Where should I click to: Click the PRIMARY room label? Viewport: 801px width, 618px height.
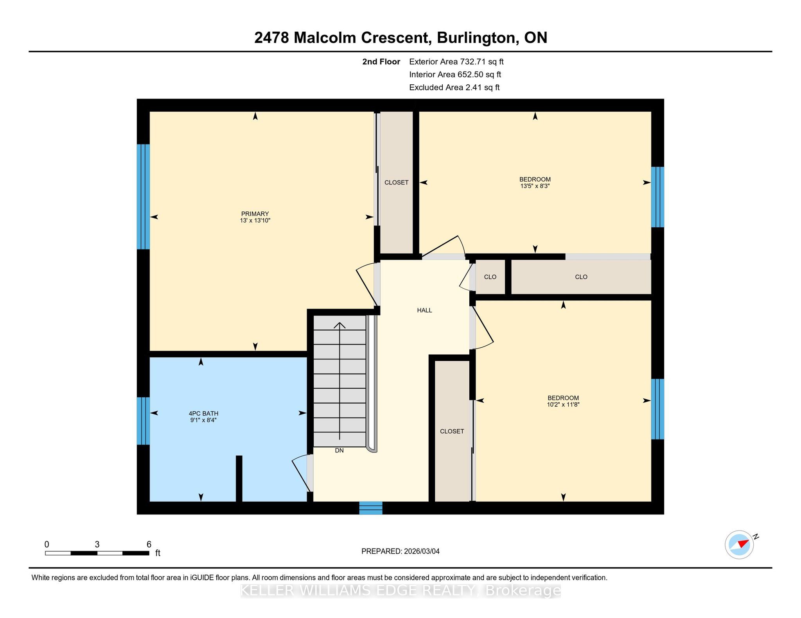point(255,214)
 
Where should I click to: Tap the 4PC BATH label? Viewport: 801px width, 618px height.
point(203,413)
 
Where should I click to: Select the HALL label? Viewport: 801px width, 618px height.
point(424,310)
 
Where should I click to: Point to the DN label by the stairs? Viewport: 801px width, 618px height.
point(339,450)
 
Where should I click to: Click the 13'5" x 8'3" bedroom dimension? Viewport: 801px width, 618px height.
point(535,186)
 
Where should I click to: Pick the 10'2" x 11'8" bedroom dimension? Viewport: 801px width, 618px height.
point(563,405)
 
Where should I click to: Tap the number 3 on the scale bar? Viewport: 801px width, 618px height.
point(97,544)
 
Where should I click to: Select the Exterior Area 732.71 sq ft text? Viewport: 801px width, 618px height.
point(456,62)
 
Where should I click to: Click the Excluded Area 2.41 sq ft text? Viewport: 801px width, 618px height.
point(454,88)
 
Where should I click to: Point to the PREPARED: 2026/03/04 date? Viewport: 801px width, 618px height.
point(400,551)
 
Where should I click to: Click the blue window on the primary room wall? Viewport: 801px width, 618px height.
point(143,196)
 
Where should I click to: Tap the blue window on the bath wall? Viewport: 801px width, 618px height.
point(143,421)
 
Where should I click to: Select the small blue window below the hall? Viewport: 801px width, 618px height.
point(371,508)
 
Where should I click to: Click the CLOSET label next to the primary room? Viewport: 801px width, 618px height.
point(397,182)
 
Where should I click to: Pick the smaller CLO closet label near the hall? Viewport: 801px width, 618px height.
point(490,277)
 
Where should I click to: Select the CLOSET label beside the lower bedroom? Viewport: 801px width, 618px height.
point(452,431)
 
